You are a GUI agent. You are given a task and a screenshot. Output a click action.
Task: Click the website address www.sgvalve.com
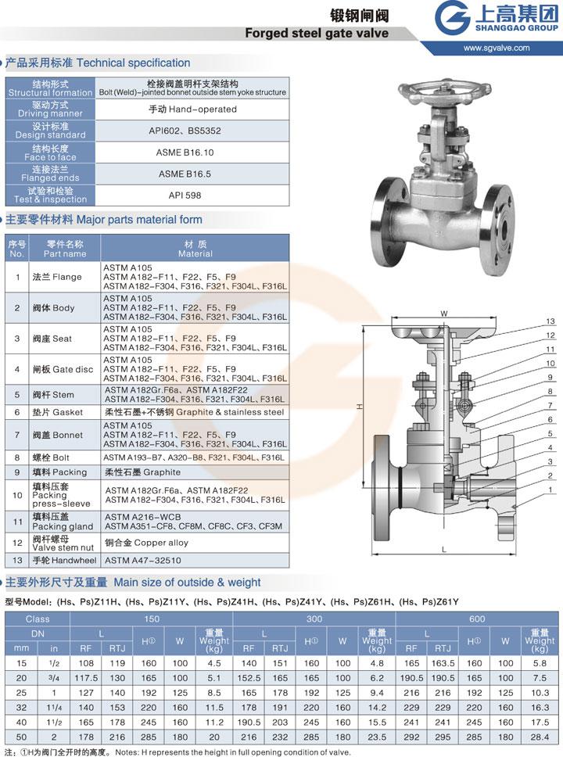click(497, 48)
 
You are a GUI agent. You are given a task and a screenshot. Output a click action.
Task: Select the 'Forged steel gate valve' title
click(317, 33)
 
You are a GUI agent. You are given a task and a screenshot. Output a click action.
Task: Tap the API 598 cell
click(185, 195)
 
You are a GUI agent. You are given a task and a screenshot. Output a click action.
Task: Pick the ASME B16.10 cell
click(185, 152)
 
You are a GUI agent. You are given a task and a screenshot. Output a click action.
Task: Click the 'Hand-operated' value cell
click(192, 109)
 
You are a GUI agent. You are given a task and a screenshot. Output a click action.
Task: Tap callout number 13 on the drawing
click(550, 321)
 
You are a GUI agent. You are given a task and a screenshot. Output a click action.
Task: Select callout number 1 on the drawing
click(550, 490)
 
